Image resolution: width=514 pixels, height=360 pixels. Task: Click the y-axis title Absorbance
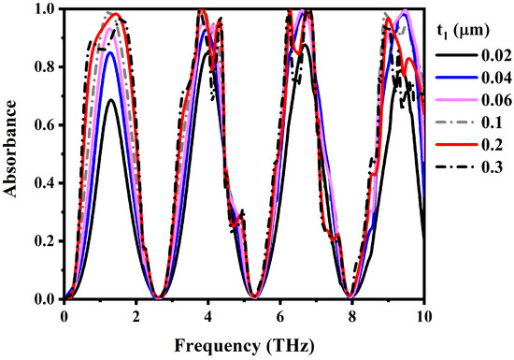(13, 153)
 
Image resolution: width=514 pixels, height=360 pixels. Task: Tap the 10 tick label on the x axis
(426, 316)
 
